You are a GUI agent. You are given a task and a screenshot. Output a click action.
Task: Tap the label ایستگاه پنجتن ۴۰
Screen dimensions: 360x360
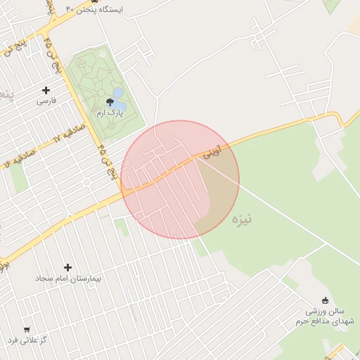pos(94,10)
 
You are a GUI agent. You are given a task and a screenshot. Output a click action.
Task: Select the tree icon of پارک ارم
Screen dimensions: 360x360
pos(110,102)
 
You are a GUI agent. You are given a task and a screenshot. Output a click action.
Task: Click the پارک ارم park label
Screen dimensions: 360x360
pos(110,112)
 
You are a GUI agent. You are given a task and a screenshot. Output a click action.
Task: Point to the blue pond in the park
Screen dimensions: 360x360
pos(118,93)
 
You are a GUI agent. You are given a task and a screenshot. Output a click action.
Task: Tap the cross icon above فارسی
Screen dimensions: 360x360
pos(46,90)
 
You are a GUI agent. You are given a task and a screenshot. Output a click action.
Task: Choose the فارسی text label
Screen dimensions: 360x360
pos(46,101)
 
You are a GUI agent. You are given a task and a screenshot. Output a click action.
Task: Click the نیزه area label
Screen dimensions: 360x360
pos(240,219)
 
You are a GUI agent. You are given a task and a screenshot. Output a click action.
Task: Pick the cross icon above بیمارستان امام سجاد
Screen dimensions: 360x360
pos(68,267)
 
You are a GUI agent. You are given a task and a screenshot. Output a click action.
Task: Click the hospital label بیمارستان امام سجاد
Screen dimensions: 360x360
pos(69,279)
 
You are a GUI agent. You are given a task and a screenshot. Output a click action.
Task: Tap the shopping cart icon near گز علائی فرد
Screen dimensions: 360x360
pos(27,329)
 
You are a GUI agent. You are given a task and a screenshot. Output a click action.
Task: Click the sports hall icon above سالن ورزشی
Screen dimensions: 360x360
pos(324,299)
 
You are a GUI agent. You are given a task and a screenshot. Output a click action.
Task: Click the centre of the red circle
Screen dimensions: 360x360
pos(180,179)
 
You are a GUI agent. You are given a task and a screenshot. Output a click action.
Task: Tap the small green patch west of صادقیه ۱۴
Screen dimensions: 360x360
pos(19,179)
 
